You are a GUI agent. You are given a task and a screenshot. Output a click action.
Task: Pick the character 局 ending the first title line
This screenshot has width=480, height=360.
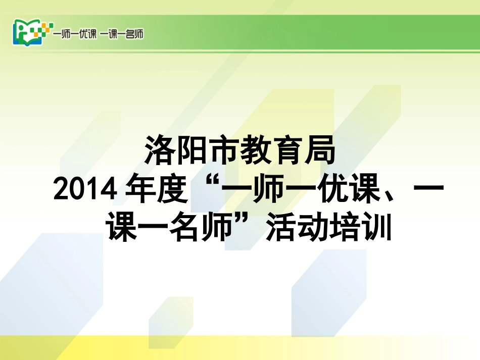click(x=320, y=150)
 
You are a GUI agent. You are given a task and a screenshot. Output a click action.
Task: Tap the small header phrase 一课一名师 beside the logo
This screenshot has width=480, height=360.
click(x=122, y=34)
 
